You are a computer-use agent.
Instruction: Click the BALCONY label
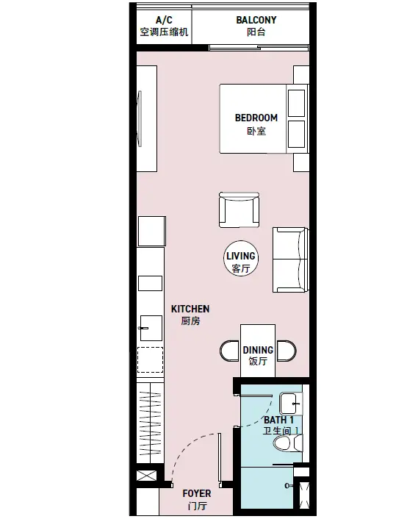[256, 26]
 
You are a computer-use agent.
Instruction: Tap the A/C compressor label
[164, 26]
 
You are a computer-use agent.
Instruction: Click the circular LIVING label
[241, 258]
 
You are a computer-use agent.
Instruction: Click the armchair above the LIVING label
[239, 210]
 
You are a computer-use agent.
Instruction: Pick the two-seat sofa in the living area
[290, 259]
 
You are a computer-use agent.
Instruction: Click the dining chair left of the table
[230, 351]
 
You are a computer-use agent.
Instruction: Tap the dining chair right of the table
[287, 351]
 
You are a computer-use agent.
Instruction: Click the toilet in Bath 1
[288, 443]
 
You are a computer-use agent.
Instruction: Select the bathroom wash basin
[291, 404]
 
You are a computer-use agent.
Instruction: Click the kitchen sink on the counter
[151, 328]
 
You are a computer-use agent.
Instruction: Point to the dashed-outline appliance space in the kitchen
[150, 359]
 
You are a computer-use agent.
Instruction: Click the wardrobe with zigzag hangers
[151, 423]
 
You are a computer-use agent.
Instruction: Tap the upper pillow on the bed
[296, 103]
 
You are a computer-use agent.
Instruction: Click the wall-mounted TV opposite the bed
[140, 118]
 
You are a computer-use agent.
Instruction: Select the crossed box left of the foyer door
[147, 476]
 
